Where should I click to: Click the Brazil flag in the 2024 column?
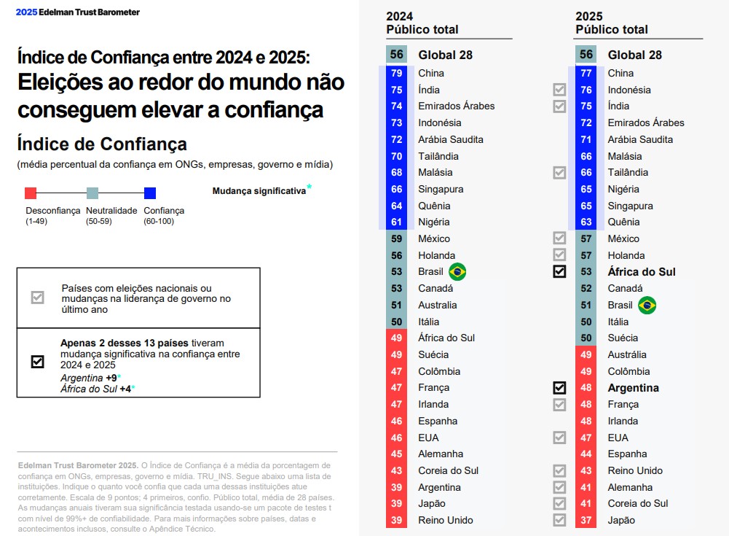(457, 272)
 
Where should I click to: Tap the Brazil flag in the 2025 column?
(647, 306)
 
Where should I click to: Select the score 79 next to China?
(397, 73)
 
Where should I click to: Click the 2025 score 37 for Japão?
(586, 520)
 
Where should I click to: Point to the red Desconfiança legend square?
(31, 193)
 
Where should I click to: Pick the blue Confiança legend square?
(150, 193)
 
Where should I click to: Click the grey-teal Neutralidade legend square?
(92, 193)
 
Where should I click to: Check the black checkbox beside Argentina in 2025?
(559, 388)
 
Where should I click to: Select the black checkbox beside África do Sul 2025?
(559, 272)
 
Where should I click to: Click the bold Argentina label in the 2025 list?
(633, 388)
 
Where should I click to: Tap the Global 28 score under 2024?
(397, 55)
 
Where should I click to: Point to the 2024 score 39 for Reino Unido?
(397, 520)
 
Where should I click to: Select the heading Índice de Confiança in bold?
(102, 144)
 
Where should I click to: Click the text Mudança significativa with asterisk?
(260, 191)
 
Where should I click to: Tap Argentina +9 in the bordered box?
(90, 378)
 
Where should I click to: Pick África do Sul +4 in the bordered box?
(97, 389)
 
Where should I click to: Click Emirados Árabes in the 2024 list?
(456, 106)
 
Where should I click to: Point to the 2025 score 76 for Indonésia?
(586, 90)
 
